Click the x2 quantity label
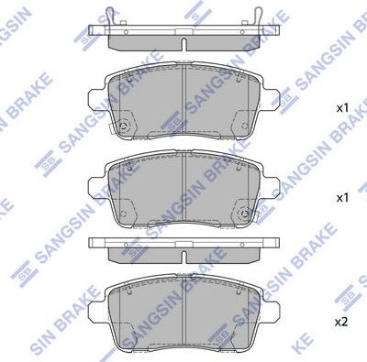[341, 322]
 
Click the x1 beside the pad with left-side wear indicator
[341, 107]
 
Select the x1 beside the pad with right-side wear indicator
[341, 197]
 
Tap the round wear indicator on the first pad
[122, 126]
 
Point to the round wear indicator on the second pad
[243, 216]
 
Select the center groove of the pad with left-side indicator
[183, 105]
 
